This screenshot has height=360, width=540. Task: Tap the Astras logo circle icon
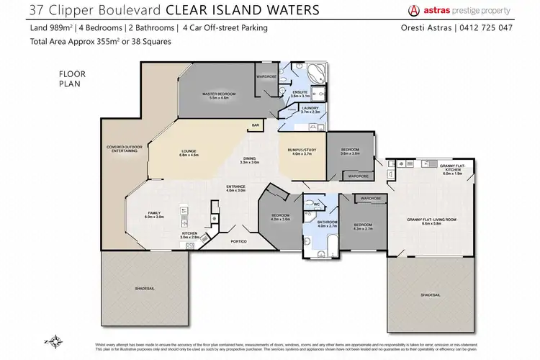pos(413,10)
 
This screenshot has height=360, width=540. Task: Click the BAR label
pos(255,125)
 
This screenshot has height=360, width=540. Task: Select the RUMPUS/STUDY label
pos(297,149)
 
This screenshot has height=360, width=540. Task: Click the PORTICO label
pos(239,240)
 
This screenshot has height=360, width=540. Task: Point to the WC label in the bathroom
pos(315,204)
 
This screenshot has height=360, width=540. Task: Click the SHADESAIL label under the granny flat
pos(431,294)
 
